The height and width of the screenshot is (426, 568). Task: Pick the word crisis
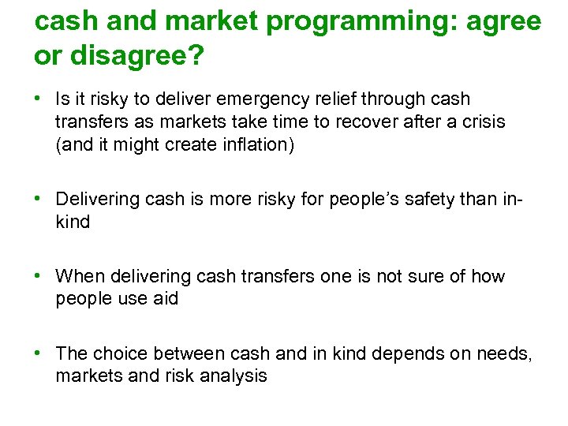click(x=482, y=122)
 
